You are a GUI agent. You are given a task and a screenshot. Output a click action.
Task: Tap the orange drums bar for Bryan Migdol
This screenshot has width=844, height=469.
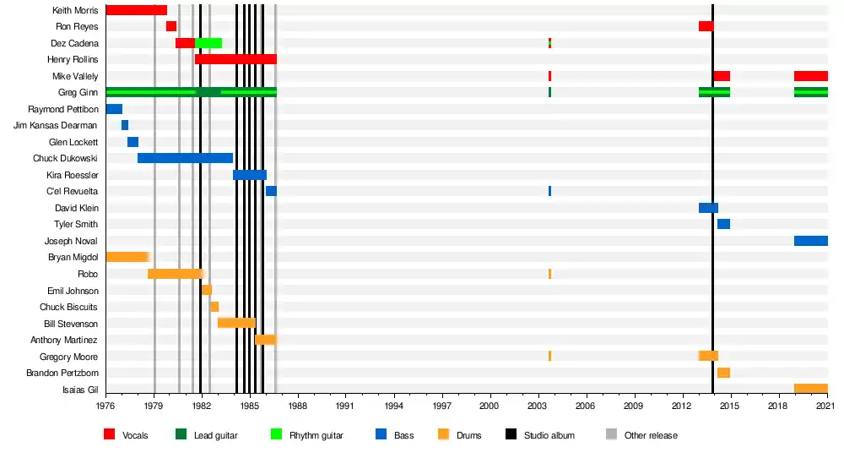(x=127, y=257)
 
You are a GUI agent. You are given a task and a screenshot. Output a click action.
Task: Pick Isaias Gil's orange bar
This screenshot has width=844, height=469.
(x=810, y=389)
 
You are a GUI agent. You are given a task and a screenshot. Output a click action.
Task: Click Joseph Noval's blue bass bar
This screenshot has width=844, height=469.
(x=810, y=241)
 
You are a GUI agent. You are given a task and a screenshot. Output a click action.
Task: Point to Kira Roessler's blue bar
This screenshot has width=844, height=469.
(x=249, y=175)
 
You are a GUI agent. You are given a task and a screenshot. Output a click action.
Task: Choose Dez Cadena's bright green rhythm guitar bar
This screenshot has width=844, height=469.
(x=208, y=43)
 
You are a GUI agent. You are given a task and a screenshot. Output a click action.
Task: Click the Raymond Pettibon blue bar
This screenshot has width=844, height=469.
(x=114, y=109)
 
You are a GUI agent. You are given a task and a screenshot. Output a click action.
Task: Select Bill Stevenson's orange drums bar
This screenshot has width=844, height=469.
(x=236, y=323)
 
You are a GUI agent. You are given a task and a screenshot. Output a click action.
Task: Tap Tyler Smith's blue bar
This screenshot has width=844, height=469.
(x=723, y=224)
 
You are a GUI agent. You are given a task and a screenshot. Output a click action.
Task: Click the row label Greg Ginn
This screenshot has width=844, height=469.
(x=78, y=92)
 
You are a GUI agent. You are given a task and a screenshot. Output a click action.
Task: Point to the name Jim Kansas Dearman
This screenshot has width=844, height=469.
(x=56, y=125)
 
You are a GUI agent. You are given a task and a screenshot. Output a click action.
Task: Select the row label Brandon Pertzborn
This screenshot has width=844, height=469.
(x=62, y=373)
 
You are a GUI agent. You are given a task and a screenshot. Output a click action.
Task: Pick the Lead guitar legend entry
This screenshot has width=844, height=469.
(x=215, y=435)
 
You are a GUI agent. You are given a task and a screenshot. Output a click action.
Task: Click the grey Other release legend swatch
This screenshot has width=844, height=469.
(x=611, y=435)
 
